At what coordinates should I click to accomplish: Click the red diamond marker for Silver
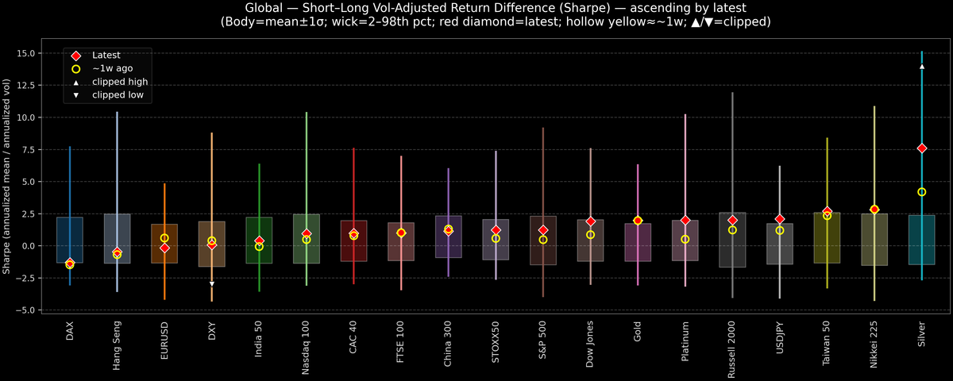click(922, 148)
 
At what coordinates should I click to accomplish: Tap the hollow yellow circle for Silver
click(922, 192)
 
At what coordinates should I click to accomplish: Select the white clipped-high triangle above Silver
click(922, 67)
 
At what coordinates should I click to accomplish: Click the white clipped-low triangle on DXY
click(211, 283)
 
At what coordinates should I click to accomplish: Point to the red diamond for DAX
click(70, 263)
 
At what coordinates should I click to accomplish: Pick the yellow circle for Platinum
click(685, 239)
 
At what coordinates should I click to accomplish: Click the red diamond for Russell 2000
click(732, 220)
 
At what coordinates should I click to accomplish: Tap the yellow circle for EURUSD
click(164, 238)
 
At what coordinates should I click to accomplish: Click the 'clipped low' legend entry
click(119, 95)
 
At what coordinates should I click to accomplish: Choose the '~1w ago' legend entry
click(112, 69)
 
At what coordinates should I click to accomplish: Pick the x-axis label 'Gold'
click(638, 333)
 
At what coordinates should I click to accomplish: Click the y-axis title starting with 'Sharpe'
click(7, 177)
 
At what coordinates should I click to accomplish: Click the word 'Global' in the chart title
click(266, 7)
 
